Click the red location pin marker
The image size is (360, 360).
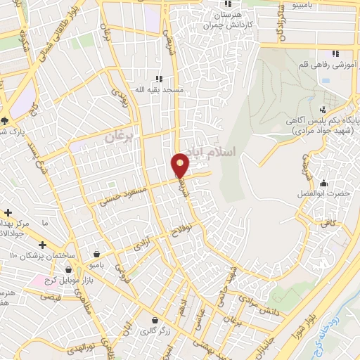pos(181,165)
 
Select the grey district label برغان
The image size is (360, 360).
pos(119,136)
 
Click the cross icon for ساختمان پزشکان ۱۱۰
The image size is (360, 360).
pos(44,245)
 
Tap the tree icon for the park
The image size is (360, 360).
pos(5,120)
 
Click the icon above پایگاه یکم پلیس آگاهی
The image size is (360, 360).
pos(322,109)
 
